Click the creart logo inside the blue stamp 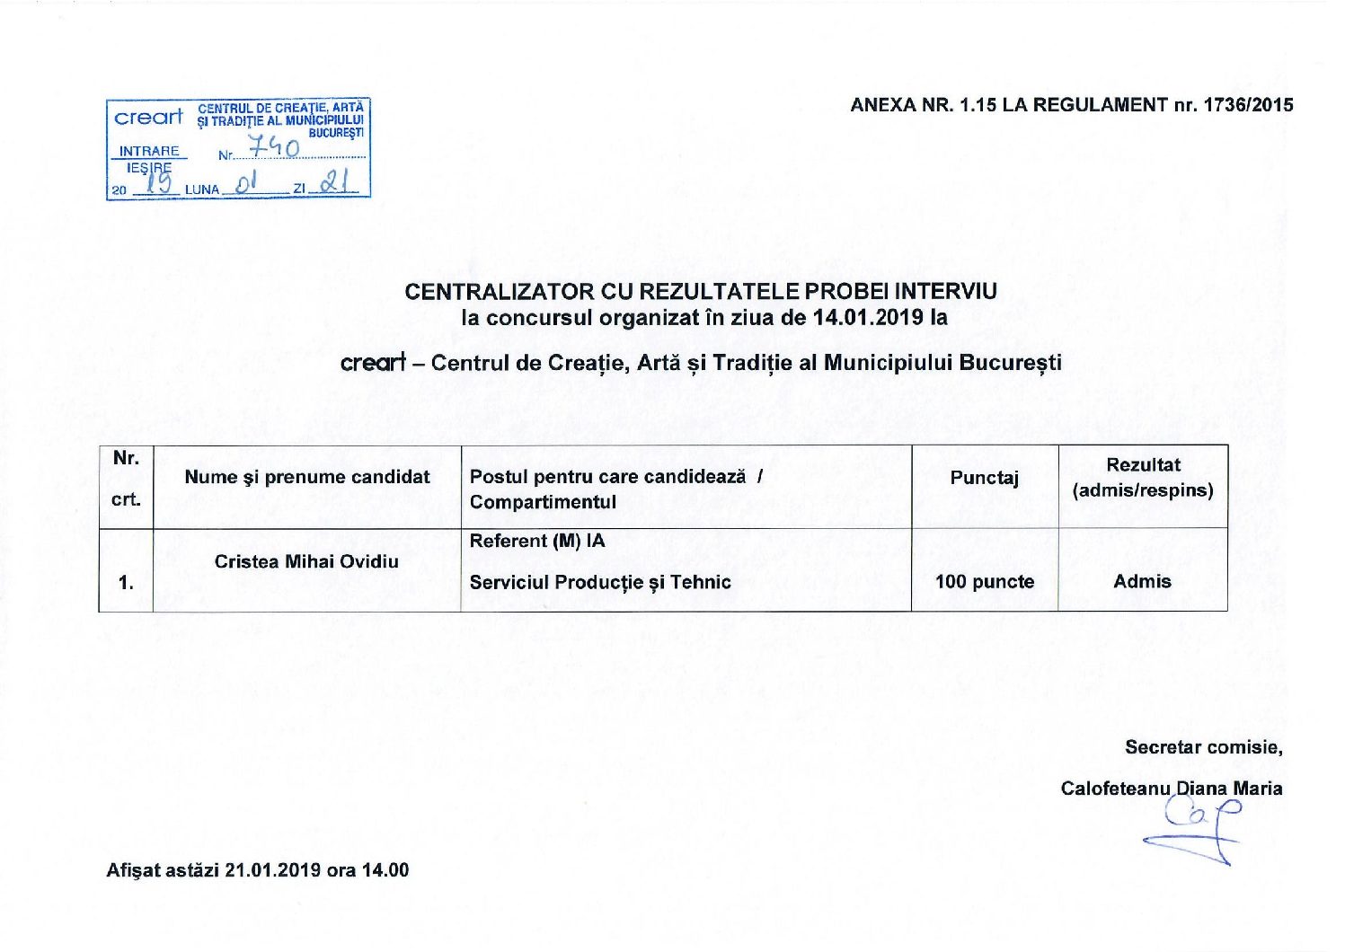[148, 118]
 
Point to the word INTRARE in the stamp [149, 151]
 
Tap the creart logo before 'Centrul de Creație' [373, 363]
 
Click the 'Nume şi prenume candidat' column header [307, 477]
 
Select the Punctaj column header [985, 478]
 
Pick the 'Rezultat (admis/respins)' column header [1143, 478]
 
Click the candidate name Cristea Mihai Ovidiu [306, 561]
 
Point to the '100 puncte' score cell [985, 582]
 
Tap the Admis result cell [1142, 582]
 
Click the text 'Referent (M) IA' [537, 541]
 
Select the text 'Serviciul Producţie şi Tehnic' [600, 582]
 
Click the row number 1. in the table [126, 583]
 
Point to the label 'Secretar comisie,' [1203, 747]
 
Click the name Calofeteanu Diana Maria [1171, 789]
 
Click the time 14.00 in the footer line [385, 870]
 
